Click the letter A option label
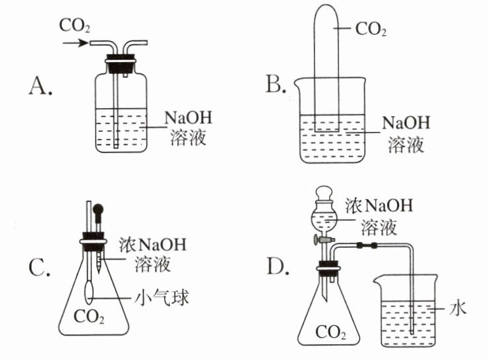pyautogui.click(x=40, y=86)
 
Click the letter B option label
pyautogui.click(x=276, y=84)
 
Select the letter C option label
pyautogui.click(x=39, y=267)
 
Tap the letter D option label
pyautogui.click(x=278, y=266)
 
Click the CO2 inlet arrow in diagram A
pyautogui.click(x=76, y=43)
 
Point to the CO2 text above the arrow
pyautogui.click(x=75, y=26)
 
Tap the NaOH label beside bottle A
pyautogui.click(x=188, y=118)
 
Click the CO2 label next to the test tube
pyautogui.click(x=371, y=30)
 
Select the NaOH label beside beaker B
pyautogui.click(x=406, y=123)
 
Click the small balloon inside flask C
pyautogui.click(x=89, y=292)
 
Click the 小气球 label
pyautogui.click(x=162, y=298)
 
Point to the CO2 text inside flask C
pyautogui.click(x=89, y=317)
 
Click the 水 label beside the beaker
pyautogui.click(x=458, y=309)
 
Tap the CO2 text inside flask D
pyautogui.click(x=330, y=332)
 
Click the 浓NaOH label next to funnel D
pyautogui.click(x=379, y=205)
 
